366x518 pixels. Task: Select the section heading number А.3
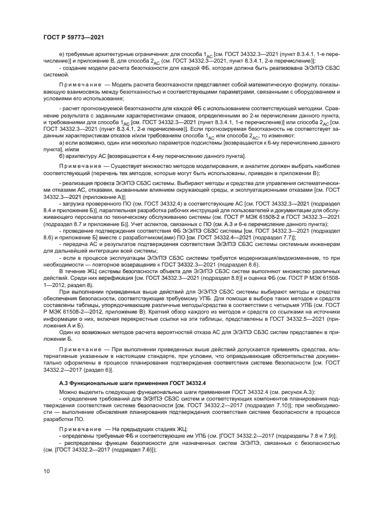pos(64,383)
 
